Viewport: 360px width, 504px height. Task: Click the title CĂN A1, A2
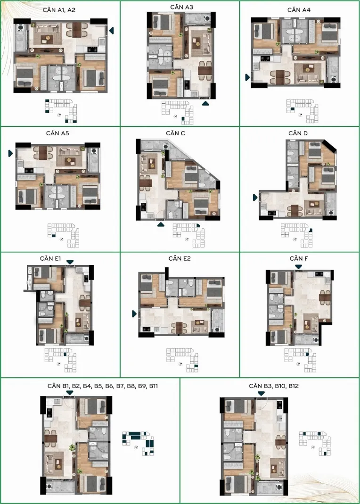click(59, 10)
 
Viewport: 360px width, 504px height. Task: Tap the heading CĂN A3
click(182, 7)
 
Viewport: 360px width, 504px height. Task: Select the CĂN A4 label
click(299, 10)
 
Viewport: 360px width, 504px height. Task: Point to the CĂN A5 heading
click(57, 133)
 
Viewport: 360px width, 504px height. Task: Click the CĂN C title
click(176, 133)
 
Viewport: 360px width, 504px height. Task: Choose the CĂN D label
click(298, 133)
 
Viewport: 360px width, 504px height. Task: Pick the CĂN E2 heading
click(180, 258)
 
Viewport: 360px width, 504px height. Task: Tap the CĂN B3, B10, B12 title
click(274, 386)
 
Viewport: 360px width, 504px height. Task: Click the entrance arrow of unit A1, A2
click(112, 31)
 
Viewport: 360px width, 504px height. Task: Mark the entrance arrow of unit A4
click(247, 77)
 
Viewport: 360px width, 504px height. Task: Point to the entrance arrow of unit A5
click(11, 154)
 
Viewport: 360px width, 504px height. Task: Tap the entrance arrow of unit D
click(255, 198)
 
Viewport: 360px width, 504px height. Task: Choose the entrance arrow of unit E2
click(135, 314)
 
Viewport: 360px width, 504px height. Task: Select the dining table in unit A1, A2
click(77, 30)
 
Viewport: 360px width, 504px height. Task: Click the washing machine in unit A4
click(333, 79)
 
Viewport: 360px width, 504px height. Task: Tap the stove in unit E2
click(146, 329)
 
